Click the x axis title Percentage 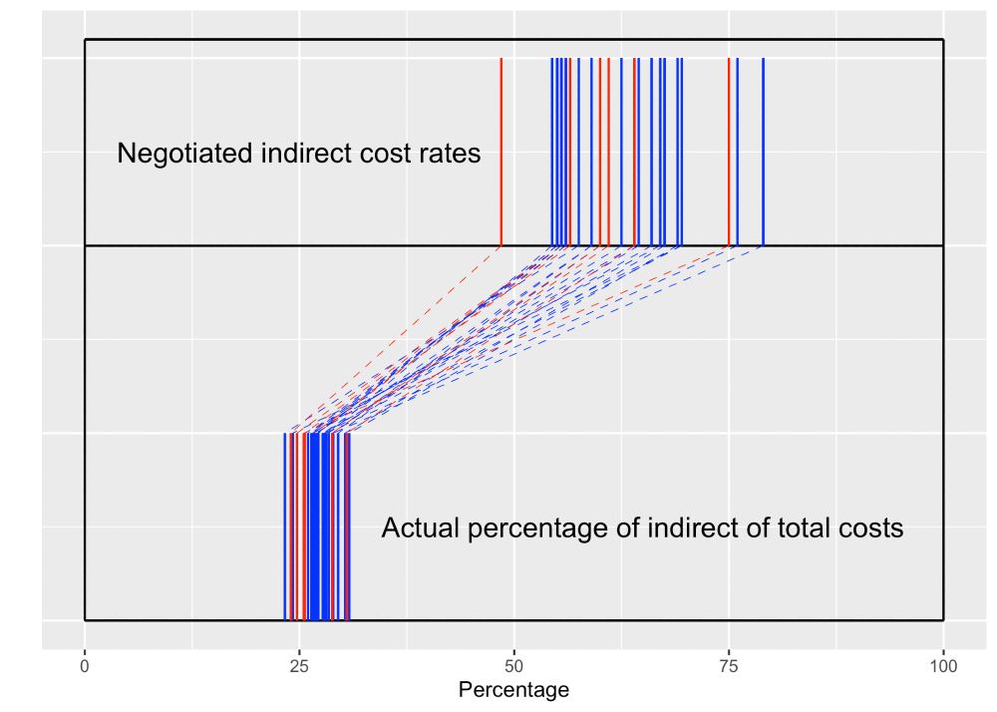coord(513,690)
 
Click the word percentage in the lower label coord(528,530)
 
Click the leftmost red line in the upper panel coord(500,150)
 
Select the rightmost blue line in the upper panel coord(763,150)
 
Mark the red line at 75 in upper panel coord(729,150)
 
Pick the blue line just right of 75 coord(738,150)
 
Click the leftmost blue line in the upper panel coord(551,150)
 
